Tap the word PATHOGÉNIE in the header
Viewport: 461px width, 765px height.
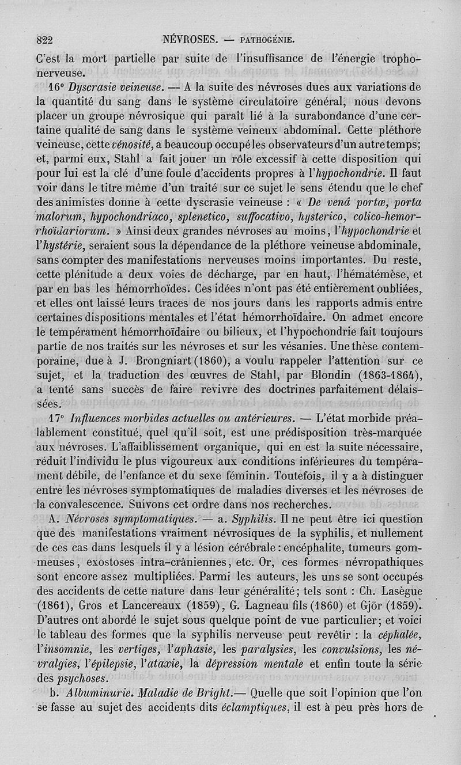click(269, 41)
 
